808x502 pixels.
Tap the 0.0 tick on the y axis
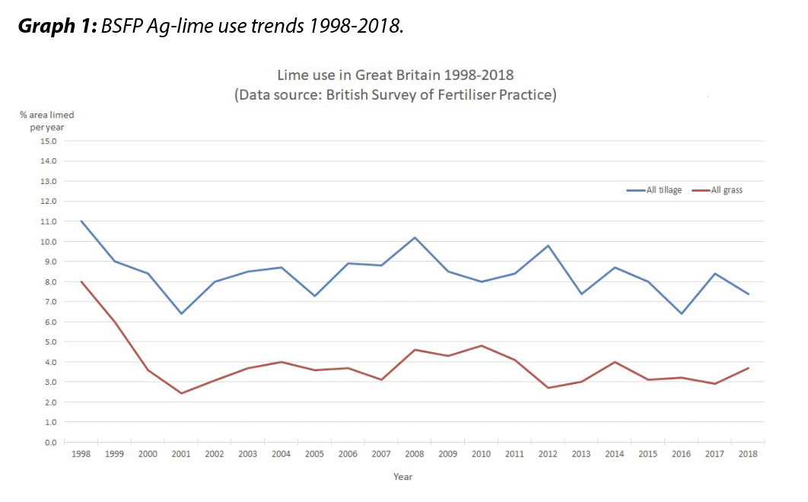click(x=49, y=442)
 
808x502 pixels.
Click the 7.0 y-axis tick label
click(x=49, y=302)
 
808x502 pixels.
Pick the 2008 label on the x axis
click(x=415, y=454)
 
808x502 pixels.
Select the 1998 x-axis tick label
click(x=81, y=454)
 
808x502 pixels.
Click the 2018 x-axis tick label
click(x=748, y=454)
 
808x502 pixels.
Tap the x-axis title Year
click(x=402, y=477)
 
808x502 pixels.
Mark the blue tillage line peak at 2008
click(x=415, y=237)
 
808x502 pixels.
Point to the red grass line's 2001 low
click(x=181, y=393)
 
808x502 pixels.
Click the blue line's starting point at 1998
click(x=81, y=221)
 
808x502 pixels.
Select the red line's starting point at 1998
click(x=81, y=281)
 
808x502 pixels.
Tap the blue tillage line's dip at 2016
click(x=682, y=313)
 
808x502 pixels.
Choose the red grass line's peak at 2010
click(x=481, y=346)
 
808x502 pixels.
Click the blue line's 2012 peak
click(x=548, y=246)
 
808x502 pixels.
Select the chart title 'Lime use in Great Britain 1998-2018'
click(x=395, y=75)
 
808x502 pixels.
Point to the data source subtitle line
click(x=395, y=95)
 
